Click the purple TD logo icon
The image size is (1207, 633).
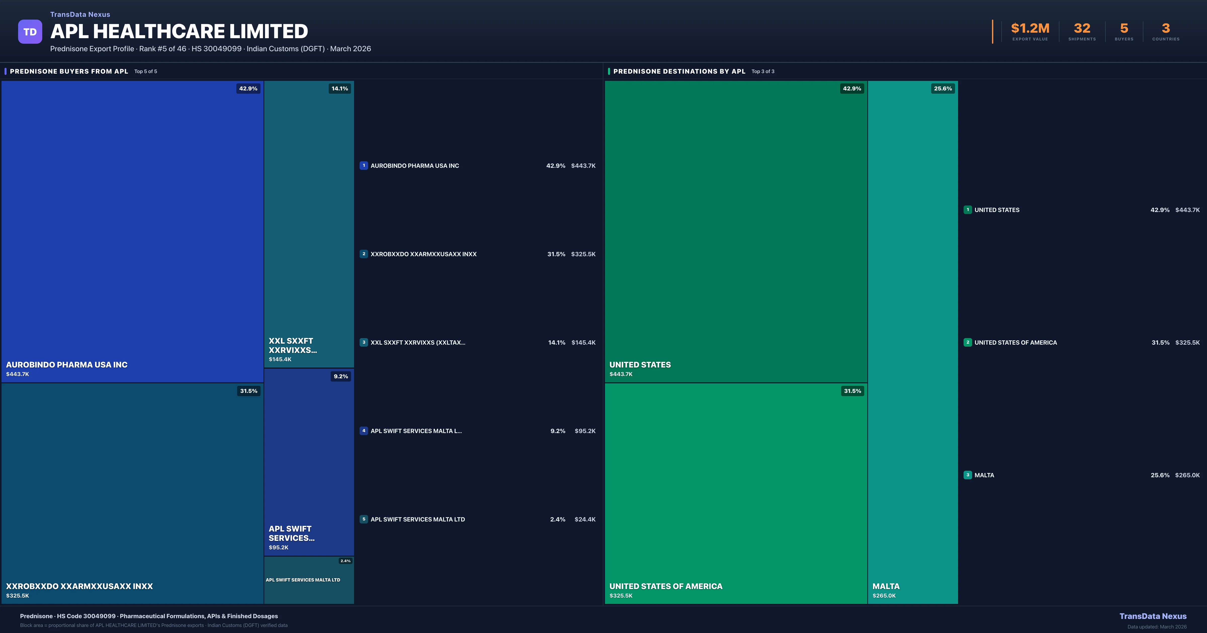(30, 32)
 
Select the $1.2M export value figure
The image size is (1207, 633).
(1030, 29)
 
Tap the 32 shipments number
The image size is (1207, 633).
(1082, 29)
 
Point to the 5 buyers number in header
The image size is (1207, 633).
(1124, 29)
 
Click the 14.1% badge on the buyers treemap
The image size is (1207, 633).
(340, 88)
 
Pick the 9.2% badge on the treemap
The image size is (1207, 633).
(341, 377)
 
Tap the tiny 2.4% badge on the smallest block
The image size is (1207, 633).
(345, 561)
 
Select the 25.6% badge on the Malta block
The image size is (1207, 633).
(943, 88)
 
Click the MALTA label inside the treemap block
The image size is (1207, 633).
(886, 586)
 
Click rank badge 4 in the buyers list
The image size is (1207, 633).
(364, 431)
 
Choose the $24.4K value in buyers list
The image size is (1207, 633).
(585, 519)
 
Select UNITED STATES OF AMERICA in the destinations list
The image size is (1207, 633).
(1015, 343)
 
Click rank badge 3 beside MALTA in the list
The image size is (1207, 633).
(968, 475)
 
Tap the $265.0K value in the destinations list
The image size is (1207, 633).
(1187, 475)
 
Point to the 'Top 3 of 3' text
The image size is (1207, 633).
(763, 72)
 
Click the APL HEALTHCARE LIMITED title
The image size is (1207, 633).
(179, 31)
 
